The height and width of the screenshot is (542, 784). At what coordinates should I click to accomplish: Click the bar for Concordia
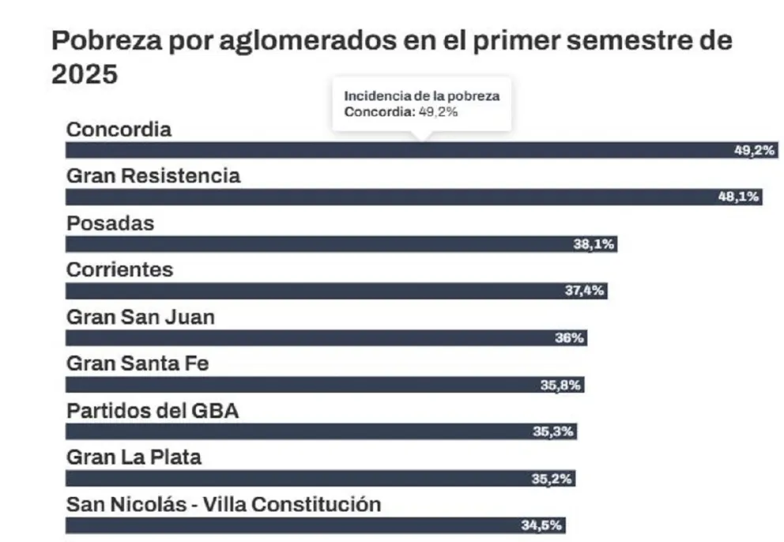(395, 150)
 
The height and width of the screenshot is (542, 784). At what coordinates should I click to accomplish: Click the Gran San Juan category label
(141, 317)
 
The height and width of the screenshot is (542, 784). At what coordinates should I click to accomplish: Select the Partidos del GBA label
(153, 411)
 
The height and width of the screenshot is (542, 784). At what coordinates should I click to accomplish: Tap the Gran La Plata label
(134, 457)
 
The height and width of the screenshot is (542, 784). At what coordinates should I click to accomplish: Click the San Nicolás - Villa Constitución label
(224, 504)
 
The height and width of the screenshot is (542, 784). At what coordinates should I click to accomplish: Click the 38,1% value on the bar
(594, 244)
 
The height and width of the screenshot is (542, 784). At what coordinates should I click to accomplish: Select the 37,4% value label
(585, 291)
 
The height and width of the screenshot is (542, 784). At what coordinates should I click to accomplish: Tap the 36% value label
(570, 338)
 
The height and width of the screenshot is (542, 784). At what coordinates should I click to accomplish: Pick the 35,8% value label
(562, 385)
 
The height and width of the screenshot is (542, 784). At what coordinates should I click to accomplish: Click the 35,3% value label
(554, 432)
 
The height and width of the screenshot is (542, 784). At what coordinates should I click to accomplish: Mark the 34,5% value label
(543, 525)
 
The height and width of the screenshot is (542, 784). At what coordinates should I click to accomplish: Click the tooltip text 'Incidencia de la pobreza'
(422, 96)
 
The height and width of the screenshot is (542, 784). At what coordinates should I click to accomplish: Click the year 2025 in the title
(85, 74)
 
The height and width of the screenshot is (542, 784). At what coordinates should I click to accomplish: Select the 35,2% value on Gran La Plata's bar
(552, 479)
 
